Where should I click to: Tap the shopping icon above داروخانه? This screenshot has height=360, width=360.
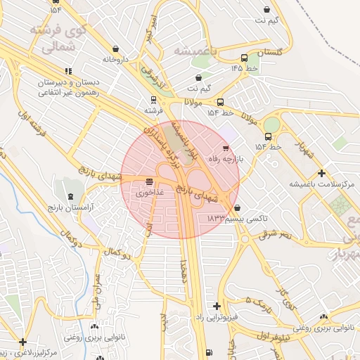115,49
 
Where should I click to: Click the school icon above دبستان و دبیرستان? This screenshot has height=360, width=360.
68,71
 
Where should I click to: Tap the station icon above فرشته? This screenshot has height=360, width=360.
153,100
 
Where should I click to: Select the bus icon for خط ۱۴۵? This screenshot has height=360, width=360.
244,58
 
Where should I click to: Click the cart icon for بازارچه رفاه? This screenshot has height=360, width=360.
225,148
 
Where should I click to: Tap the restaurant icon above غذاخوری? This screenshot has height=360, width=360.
150,181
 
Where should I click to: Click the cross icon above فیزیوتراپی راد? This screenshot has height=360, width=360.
217,306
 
